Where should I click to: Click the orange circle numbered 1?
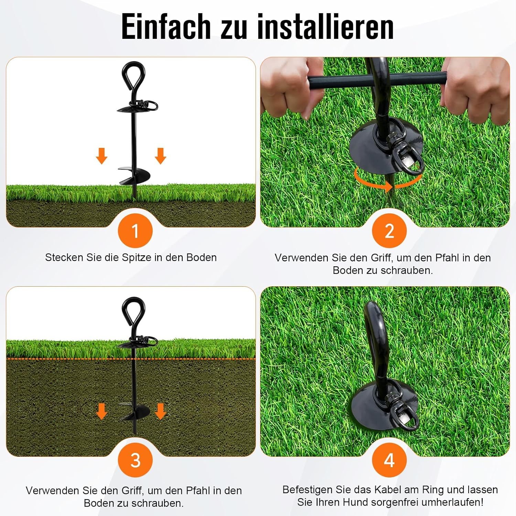pyautogui.click(x=135, y=230)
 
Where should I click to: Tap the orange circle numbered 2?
pyautogui.click(x=389, y=230)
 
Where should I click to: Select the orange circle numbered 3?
pyautogui.click(x=135, y=460)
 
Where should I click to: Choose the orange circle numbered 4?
pyautogui.click(x=389, y=460)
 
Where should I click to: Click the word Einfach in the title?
pyautogui.click(x=166, y=27)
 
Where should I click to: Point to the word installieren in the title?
pyautogui.click(x=325, y=27)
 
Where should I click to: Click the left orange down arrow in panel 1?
pyautogui.click(x=101, y=156)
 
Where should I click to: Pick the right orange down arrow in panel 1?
pyautogui.click(x=161, y=156)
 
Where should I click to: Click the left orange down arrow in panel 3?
pyautogui.click(x=101, y=411)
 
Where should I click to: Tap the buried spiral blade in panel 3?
pyautogui.click(x=135, y=411)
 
